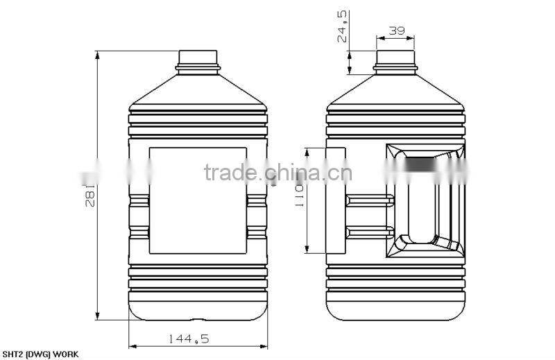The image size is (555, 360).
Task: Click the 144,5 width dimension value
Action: tap(188, 338)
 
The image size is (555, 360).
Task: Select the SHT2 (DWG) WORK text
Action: tap(40, 354)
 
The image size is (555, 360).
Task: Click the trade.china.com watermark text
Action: tap(277, 172)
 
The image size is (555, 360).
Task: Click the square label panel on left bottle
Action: tap(198, 200)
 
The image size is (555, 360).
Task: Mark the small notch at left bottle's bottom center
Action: tap(198, 320)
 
